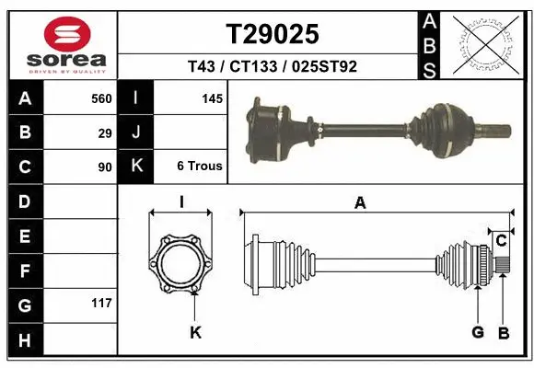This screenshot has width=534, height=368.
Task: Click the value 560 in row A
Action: click(x=101, y=98)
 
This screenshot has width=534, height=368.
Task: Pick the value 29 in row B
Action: click(x=105, y=132)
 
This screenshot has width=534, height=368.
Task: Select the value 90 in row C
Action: click(x=105, y=167)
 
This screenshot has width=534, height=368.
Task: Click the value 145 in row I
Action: click(x=212, y=98)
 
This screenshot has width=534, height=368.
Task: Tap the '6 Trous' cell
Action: click(x=199, y=167)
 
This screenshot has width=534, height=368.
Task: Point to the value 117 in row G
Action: click(x=101, y=303)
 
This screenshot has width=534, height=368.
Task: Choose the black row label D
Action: click(x=24, y=201)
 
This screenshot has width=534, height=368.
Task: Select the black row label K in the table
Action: click(x=135, y=167)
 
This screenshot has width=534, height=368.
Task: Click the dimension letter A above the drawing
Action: click(x=360, y=203)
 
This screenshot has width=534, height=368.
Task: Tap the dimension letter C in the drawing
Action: click(x=501, y=241)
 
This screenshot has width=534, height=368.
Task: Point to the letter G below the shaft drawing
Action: click(x=477, y=332)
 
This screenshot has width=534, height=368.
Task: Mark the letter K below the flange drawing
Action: click(x=195, y=332)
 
